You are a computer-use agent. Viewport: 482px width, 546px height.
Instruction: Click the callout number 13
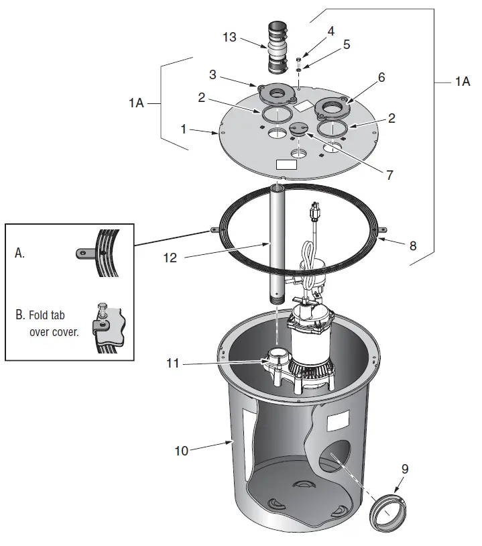coord(229,37)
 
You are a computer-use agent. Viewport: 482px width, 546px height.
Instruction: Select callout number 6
coord(381,77)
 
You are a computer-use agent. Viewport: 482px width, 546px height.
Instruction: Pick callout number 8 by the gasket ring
coord(412,246)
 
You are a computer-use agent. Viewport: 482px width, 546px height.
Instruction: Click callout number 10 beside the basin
coord(182,451)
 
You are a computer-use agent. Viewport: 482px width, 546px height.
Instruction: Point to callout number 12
coord(170,257)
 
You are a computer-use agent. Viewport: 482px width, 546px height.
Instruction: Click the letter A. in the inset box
coord(20,253)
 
